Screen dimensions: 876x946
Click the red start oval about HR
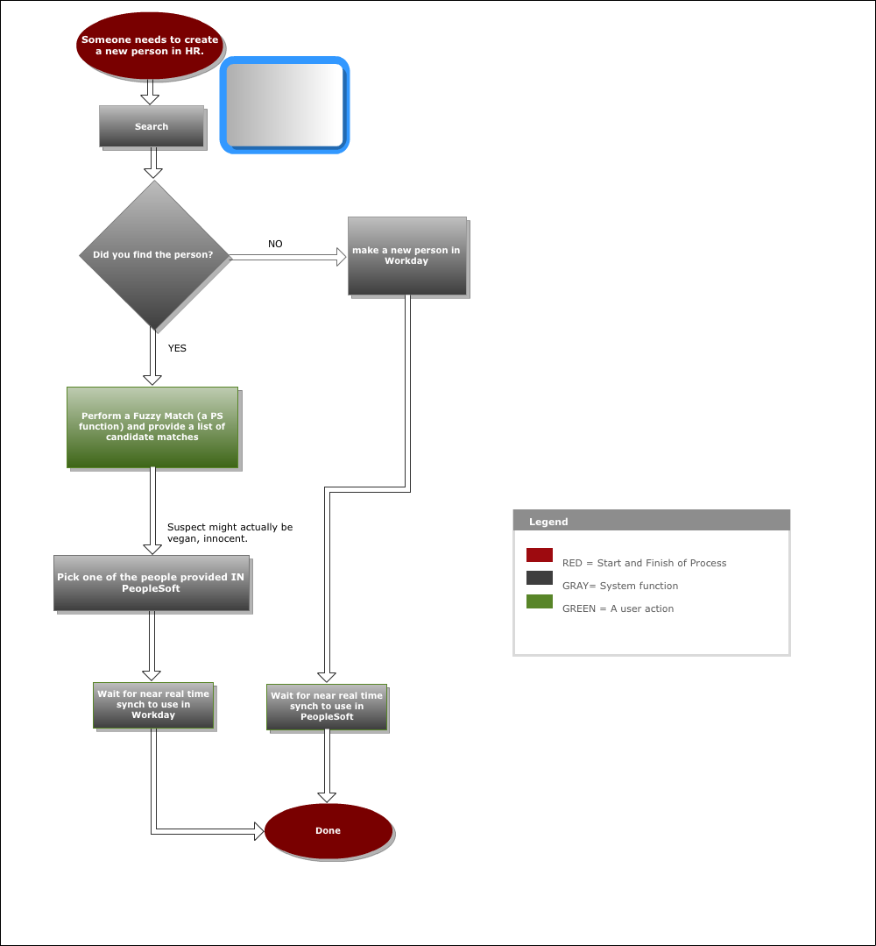[x=150, y=46]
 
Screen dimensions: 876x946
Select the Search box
[x=152, y=126]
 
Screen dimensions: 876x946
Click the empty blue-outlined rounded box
[x=285, y=105]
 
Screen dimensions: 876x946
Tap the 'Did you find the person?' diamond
[x=154, y=255]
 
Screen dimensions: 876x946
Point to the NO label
[x=275, y=244]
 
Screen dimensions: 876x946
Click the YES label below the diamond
[x=177, y=348]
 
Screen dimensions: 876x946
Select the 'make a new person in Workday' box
[x=407, y=256]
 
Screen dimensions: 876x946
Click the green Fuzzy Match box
[x=152, y=427]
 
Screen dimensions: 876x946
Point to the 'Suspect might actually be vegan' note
[x=230, y=533]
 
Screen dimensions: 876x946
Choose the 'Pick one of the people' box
[x=152, y=583]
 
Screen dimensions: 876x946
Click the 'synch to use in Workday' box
[x=153, y=705]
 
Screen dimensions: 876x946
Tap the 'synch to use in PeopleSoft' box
[x=327, y=707]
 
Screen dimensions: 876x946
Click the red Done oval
[x=328, y=831]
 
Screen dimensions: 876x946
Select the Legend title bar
[x=652, y=521]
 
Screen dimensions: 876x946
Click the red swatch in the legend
[x=540, y=555]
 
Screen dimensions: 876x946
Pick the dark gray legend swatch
[x=540, y=578]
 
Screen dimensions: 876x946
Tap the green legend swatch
[x=540, y=601]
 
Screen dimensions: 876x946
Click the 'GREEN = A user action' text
[x=618, y=608]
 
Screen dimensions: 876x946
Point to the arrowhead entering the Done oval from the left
[x=259, y=831]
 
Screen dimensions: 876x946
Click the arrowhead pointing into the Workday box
[x=342, y=257]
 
